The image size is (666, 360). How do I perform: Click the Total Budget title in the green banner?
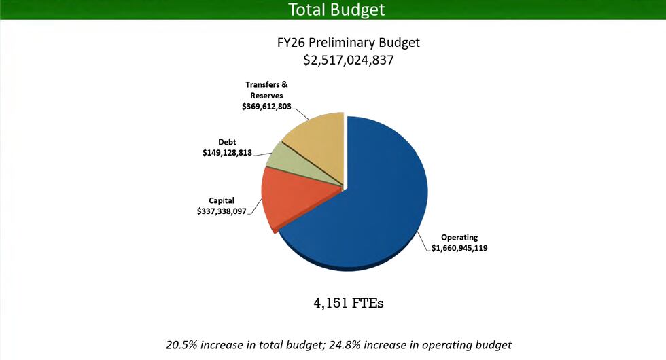[x=336, y=10]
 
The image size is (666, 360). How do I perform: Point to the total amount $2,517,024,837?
[x=349, y=60]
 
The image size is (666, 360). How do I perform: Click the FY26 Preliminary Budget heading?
[x=349, y=42]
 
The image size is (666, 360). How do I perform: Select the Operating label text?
[x=459, y=238]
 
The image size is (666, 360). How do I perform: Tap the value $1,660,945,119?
[x=459, y=249]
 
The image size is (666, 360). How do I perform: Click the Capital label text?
[x=222, y=200]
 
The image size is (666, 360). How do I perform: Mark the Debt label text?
[x=227, y=142]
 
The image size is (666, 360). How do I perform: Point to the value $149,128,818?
[x=227, y=154]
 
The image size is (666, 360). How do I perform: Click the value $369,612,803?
[x=266, y=107]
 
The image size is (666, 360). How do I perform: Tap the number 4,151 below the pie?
[x=330, y=303]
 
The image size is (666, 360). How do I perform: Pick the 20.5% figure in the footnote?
[x=180, y=344]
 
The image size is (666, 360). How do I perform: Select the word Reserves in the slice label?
[x=266, y=96]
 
